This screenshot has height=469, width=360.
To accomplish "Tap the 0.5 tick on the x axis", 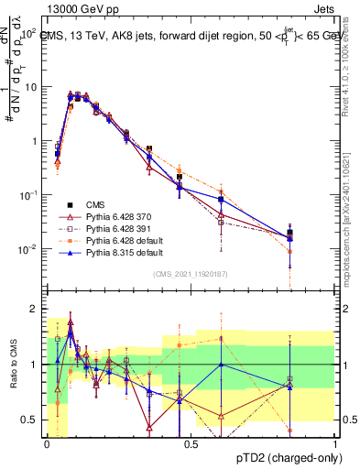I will click(x=191, y=443).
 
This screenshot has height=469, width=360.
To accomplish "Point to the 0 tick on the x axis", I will click(x=46, y=443).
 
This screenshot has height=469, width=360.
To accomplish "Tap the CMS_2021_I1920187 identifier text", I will click(x=191, y=273).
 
